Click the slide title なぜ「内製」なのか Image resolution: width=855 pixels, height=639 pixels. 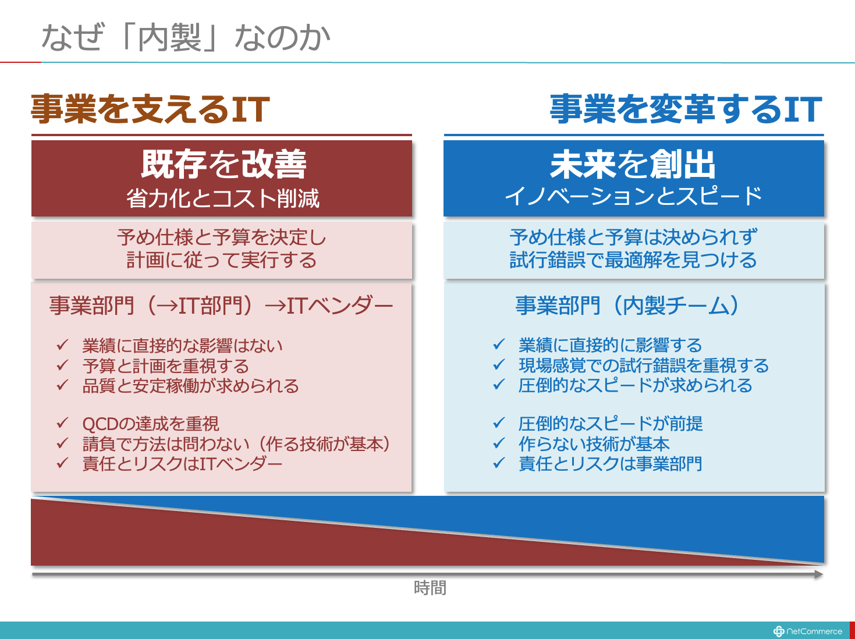click(186, 37)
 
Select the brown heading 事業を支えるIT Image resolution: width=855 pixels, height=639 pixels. click(150, 109)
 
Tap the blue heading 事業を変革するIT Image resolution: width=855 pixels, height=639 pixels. click(686, 109)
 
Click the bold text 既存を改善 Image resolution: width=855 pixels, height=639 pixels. click(223, 164)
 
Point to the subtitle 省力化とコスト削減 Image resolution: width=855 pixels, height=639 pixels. click(223, 198)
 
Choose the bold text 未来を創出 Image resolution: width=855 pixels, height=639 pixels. click(633, 164)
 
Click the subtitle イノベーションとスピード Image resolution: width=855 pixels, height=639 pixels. click(633, 196)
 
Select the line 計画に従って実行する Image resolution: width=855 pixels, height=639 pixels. click(222, 260)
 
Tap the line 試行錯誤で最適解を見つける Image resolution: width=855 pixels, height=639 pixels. click(633, 260)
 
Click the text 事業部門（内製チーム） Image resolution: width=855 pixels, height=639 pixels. click(627, 306)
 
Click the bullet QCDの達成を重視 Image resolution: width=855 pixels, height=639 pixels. click(151, 424)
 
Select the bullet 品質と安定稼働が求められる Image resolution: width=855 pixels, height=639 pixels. click(190, 385)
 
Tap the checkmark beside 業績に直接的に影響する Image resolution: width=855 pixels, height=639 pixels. click(499, 344)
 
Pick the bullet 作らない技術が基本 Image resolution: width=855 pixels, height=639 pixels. click(594, 443)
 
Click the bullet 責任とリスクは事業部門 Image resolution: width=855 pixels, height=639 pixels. click(611, 463)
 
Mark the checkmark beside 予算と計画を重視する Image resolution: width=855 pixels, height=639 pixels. click(63, 365)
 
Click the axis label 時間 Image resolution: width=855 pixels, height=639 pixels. click(430, 588)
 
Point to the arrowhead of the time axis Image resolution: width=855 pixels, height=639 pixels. click(818, 574)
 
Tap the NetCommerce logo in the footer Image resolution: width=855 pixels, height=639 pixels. click(807, 631)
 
